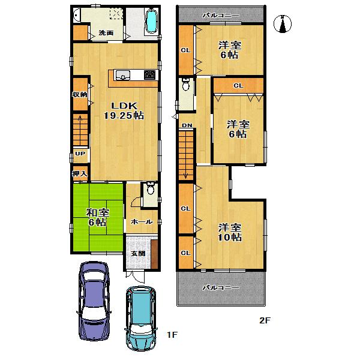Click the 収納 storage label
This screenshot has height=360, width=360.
[79, 95]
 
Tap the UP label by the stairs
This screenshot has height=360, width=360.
[79, 154]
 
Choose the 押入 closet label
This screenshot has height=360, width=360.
[79, 174]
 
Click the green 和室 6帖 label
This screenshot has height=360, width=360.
[97, 217]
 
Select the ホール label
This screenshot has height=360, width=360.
[142, 222]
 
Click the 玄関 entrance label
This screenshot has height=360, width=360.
[137, 253]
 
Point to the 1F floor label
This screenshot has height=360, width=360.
[171, 334]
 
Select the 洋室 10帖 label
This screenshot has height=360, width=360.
[230, 232]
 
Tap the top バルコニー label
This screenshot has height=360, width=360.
[220, 13]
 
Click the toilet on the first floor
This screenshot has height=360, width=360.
[151, 190]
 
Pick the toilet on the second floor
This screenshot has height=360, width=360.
[187, 85]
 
